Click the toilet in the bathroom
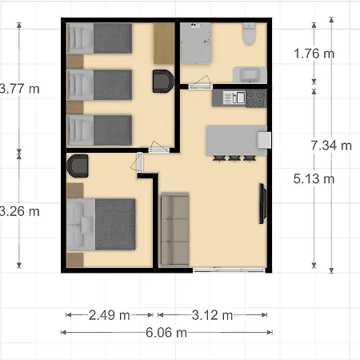(249, 34)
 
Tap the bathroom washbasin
(250, 74)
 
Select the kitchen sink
(234, 98)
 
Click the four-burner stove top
(257, 98)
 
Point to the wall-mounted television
(262, 203)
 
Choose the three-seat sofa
(174, 229)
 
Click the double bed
(101, 224)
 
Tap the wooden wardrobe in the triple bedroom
(164, 43)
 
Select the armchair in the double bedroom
(78, 166)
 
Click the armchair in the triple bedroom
(163, 81)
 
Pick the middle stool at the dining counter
(234, 158)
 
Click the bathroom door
(200, 84)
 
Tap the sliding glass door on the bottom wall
(229, 270)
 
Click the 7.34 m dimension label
(331, 146)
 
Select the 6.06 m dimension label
(166, 333)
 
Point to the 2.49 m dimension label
(110, 315)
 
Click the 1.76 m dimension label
(314, 54)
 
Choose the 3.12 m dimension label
(212, 315)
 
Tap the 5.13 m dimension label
(314, 178)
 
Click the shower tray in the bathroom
(196, 43)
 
